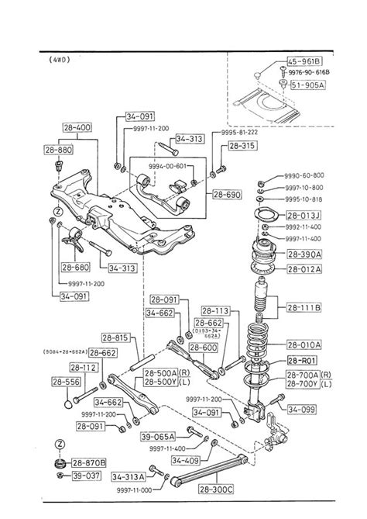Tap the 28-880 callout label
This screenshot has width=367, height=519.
(x=58, y=149)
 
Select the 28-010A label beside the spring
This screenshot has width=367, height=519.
(x=304, y=344)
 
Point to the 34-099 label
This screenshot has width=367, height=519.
(x=301, y=409)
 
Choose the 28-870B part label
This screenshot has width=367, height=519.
(x=89, y=463)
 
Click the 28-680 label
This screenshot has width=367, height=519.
(x=76, y=267)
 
